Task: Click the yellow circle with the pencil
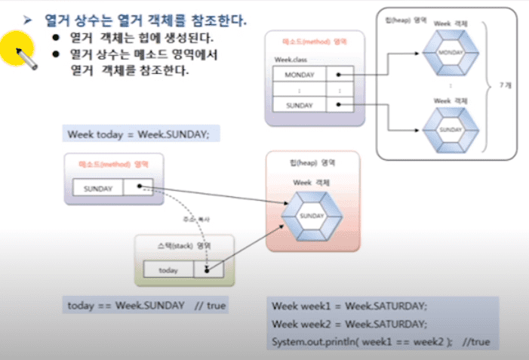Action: (17, 48)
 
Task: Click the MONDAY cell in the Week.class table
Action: (300, 75)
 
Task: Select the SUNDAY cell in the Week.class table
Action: (300, 105)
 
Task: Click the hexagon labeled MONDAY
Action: (450, 52)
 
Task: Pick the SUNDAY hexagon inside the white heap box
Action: (450, 129)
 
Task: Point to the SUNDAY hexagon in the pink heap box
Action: (312, 215)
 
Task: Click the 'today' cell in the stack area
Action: (168, 269)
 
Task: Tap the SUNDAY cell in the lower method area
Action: (98, 187)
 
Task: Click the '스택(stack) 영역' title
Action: (184, 246)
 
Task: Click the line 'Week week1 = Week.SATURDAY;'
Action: (349, 306)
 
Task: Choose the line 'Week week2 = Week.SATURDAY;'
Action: (349, 324)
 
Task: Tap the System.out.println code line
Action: (380, 342)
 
